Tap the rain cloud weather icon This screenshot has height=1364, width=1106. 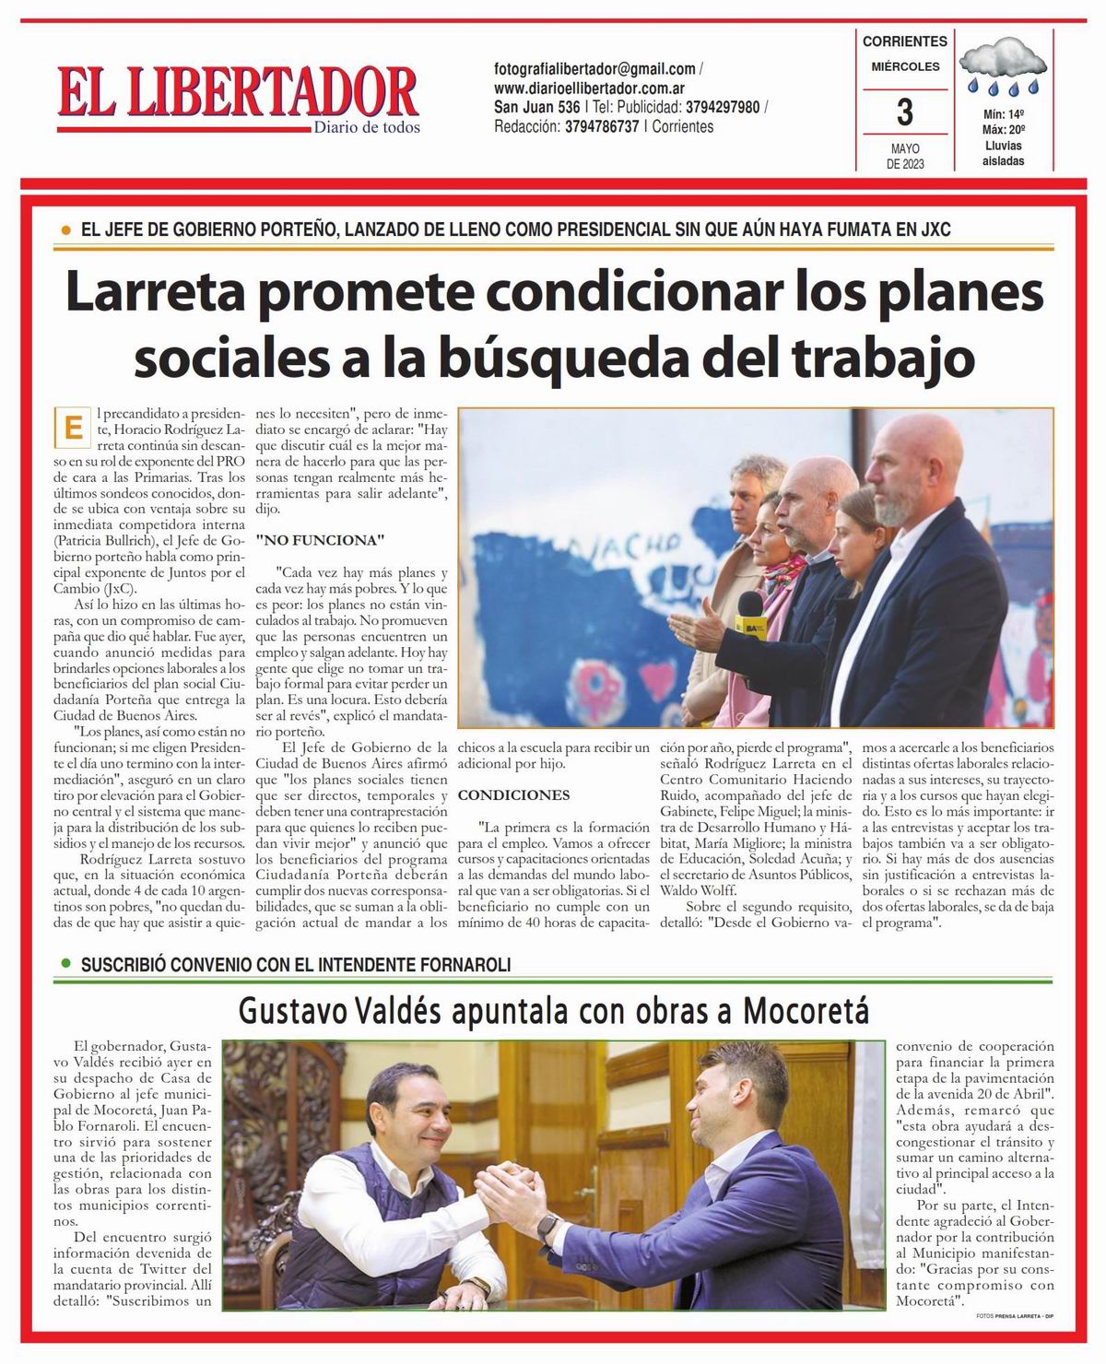tap(1003, 71)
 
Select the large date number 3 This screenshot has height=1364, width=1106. tap(904, 112)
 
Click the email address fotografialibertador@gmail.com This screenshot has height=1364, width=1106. tap(594, 69)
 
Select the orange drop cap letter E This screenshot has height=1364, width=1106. tap(70, 429)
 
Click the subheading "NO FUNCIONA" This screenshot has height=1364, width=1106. tap(319, 539)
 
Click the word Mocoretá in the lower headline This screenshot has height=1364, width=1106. tap(806, 1011)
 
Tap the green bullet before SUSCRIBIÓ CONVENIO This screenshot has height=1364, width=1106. tap(65, 964)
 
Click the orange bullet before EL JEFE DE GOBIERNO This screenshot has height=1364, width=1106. tap(65, 229)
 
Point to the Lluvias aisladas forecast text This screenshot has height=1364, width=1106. tap(1003, 153)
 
